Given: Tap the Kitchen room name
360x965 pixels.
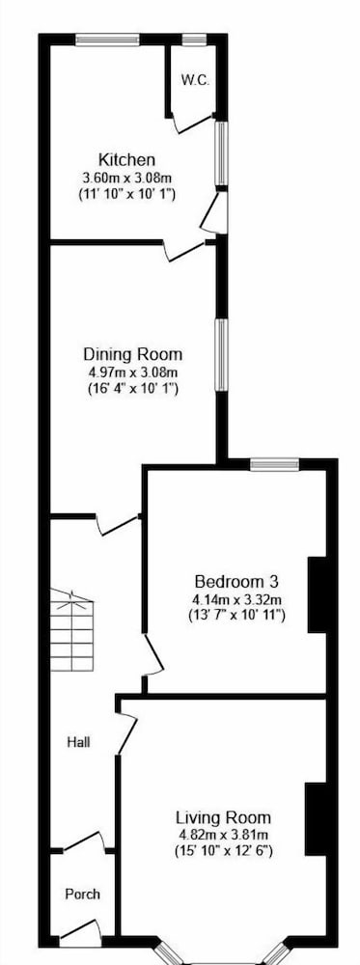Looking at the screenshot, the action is click(x=126, y=160).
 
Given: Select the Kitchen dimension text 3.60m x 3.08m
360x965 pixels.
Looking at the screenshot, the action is click(x=126, y=179).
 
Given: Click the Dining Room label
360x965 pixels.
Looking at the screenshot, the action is click(x=133, y=354).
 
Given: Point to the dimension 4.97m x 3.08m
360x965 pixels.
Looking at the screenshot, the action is click(x=133, y=372).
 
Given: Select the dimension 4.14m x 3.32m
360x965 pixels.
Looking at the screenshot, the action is click(x=236, y=599).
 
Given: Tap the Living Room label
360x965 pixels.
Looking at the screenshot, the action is click(x=223, y=818).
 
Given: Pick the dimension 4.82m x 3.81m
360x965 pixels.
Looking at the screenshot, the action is click(x=223, y=836).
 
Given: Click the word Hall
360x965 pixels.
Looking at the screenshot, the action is click(x=79, y=743).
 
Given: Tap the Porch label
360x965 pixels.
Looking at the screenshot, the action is click(x=82, y=895).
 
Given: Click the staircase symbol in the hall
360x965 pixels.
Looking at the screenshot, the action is click(x=72, y=630).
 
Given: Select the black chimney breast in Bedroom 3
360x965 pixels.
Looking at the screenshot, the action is click(x=317, y=594).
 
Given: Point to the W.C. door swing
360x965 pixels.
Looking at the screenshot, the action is click(x=191, y=123).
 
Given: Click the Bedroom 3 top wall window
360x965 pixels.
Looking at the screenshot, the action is click(x=274, y=463).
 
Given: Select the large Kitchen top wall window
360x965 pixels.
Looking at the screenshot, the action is click(x=108, y=40).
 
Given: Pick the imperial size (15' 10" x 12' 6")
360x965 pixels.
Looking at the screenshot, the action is click(x=223, y=852).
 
